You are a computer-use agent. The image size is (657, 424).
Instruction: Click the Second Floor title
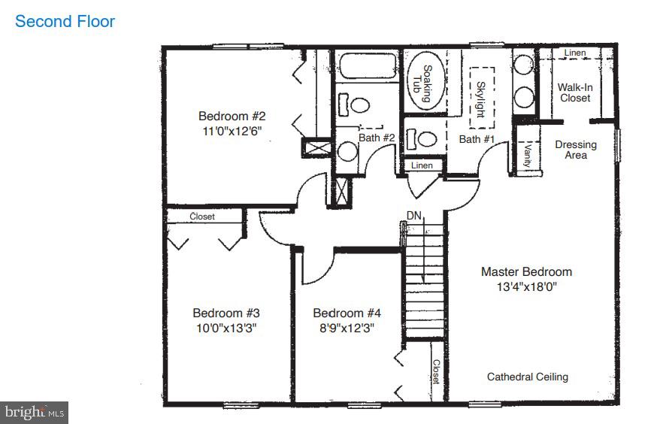(x=65, y=21)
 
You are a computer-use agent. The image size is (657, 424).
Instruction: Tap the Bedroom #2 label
(x=232, y=116)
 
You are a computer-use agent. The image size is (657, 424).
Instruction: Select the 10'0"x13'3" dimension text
(x=226, y=328)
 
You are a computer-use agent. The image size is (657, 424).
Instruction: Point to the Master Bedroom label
(x=526, y=271)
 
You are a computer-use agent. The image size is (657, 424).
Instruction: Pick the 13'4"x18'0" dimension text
(x=526, y=286)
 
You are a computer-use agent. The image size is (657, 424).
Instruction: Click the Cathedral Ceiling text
(x=527, y=377)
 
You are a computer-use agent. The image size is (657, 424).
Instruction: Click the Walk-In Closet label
(x=575, y=92)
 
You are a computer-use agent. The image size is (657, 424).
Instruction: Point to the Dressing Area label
(x=576, y=150)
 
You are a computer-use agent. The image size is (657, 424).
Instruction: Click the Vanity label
(x=528, y=155)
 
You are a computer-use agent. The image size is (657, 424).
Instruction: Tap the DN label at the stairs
(x=414, y=216)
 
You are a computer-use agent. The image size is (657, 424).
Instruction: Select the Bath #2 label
(x=377, y=138)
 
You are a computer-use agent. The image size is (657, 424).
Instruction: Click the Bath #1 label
(x=477, y=139)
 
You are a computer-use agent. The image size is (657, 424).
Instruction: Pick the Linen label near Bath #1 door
(x=422, y=165)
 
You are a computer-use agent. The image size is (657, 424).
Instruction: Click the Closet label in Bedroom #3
(x=201, y=217)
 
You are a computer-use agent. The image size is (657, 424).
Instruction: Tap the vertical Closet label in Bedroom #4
(x=435, y=371)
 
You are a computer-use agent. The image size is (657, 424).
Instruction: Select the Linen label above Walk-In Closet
(x=575, y=53)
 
